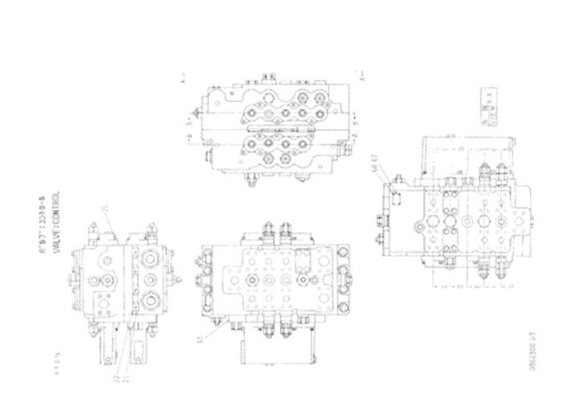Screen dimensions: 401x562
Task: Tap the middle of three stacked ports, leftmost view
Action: coord(149,282)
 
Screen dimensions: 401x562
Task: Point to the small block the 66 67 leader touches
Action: coord(394,192)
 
